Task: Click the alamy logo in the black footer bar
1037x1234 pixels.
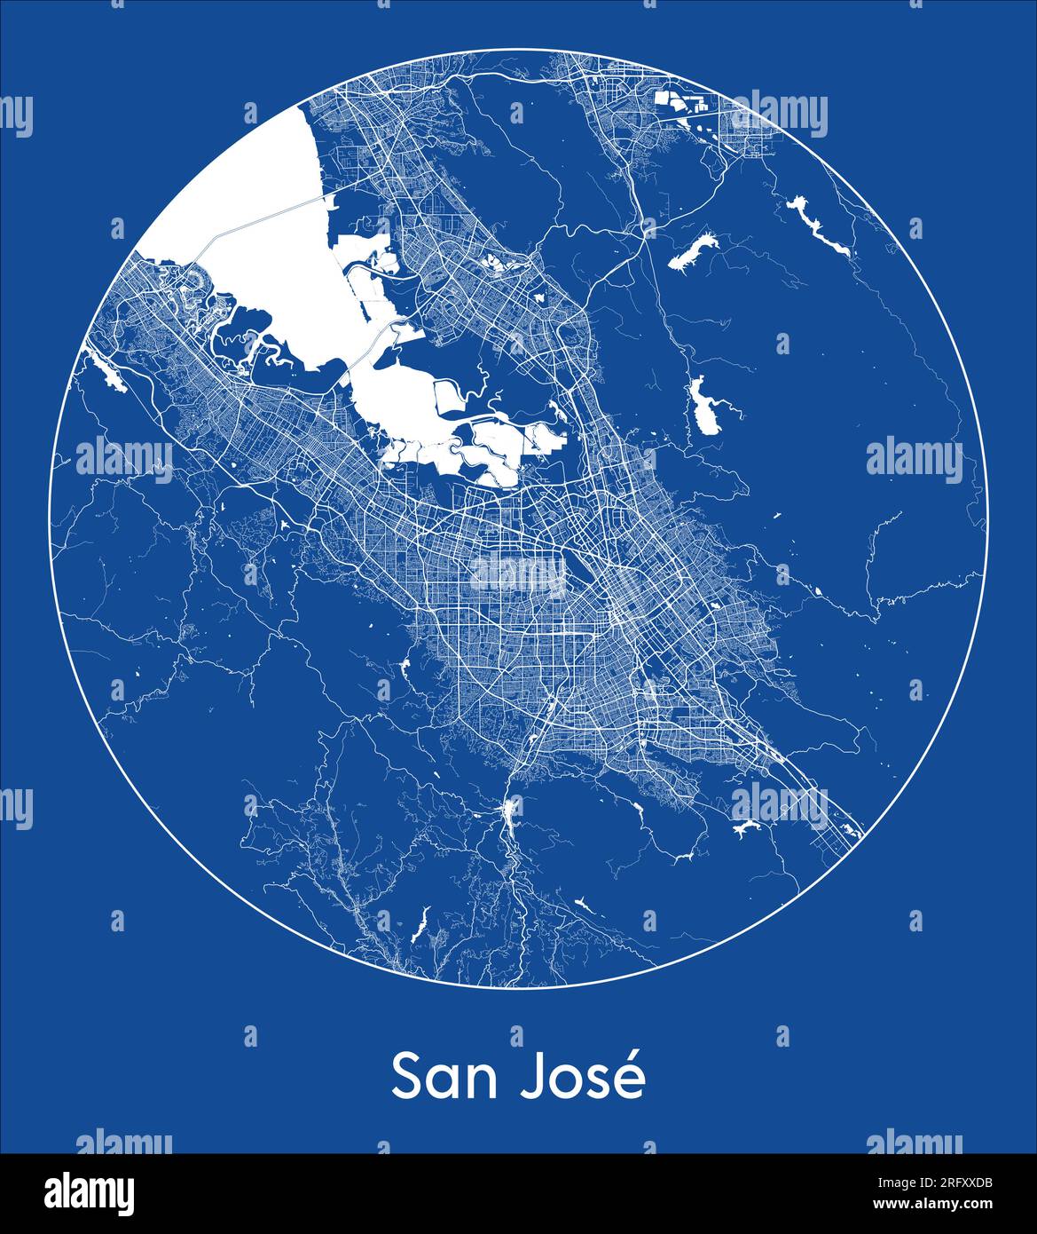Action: click(90, 1192)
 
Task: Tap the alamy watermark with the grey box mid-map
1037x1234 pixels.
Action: click(519, 575)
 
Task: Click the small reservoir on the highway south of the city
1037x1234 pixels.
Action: click(511, 809)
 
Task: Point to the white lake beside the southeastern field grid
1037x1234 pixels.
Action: click(745, 827)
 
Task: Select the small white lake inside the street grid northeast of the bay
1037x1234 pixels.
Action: click(490, 261)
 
